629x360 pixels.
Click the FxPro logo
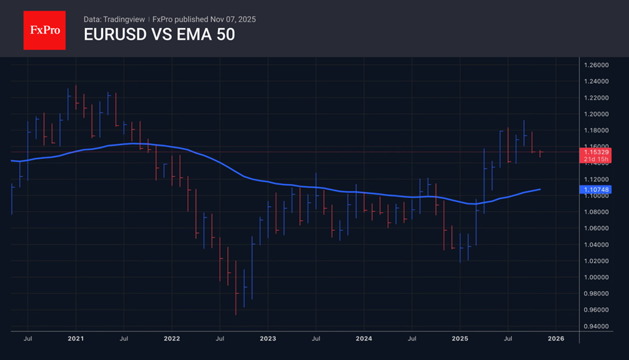pyautogui.click(x=44, y=29)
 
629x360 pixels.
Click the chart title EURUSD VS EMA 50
pyautogui.click(x=159, y=35)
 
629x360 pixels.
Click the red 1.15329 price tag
pyautogui.click(x=595, y=152)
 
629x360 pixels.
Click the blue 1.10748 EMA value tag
pyautogui.click(x=595, y=190)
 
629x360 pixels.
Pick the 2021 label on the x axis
pyautogui.click(x=76, y=339)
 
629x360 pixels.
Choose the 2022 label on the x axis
pyautogui.click(x=172, y=339)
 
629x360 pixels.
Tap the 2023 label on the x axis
pyautogui.click(x=268, y=339)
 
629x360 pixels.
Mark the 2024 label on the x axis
pyautogui.click(x=364, y=339)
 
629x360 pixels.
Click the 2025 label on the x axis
pyautogui.click(x=460, y=339)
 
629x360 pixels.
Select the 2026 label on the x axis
pyautogui.click(x=556, y=339)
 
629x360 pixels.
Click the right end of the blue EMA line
pyautogui.click(x=540, y=189)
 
